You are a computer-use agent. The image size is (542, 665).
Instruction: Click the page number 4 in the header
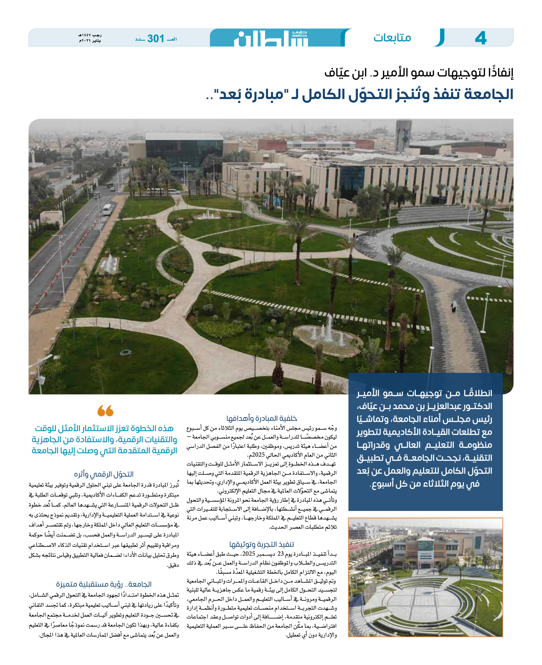click(x=480, y=38)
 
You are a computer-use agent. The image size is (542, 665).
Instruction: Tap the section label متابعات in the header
click(x=392, y=38)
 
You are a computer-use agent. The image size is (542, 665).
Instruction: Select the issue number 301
click(x=156, y=38)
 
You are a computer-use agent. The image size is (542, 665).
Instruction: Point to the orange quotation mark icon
click(x=105, y=410)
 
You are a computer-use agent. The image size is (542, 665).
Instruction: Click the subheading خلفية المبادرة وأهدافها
click(x=262, y=418)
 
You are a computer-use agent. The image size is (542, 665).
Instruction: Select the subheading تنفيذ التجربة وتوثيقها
click(x=262, y=544)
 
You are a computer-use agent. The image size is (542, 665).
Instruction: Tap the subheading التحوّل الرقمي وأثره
click(x=104, y=474)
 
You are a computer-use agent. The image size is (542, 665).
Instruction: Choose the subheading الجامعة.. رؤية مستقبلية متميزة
click(x=104, y=584)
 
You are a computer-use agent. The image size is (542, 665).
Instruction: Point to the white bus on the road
click(x=107, y=209)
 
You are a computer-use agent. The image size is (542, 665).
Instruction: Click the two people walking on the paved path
click(x=453, y=306)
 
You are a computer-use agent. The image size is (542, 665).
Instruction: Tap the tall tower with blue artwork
click(x=403, y=136)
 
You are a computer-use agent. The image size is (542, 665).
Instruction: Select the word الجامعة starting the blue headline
click(x=490, y=95)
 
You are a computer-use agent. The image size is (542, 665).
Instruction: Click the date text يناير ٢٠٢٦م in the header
click(x=90, y=41)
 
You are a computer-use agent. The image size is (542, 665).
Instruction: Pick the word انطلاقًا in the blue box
click(x=475, y=393)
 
